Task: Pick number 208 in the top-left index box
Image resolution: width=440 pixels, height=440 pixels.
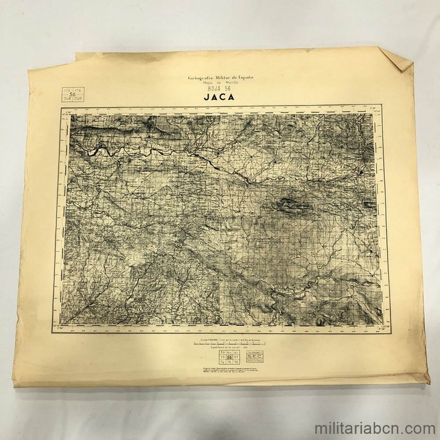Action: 67,99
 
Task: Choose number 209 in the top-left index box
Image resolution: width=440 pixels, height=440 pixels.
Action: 78,99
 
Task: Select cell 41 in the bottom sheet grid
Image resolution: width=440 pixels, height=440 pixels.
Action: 236,352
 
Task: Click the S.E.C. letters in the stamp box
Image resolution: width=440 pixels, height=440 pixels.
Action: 255,356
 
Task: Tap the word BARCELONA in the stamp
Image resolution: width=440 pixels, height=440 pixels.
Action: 255,360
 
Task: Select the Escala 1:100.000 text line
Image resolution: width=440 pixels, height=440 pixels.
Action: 229,340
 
